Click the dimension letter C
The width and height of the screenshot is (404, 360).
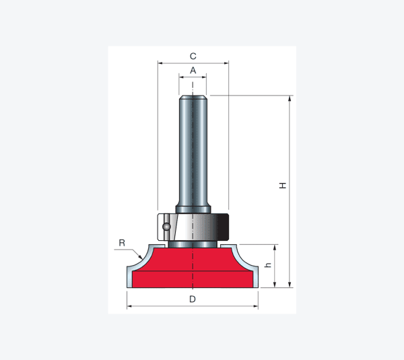[193, 56]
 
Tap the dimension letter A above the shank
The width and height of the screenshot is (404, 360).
[193, 70]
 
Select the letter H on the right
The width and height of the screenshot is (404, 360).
[283, 186]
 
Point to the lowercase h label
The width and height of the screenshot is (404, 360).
[269, 265]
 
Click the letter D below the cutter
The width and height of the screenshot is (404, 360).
[193, 299]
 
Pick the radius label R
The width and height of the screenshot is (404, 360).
[122, 243]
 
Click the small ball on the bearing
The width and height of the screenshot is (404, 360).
[166, 227]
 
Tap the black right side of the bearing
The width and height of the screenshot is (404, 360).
[224, 227]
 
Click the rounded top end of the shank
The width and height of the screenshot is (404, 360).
[193, 98]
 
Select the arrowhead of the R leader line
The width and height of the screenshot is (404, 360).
[141, 257]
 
